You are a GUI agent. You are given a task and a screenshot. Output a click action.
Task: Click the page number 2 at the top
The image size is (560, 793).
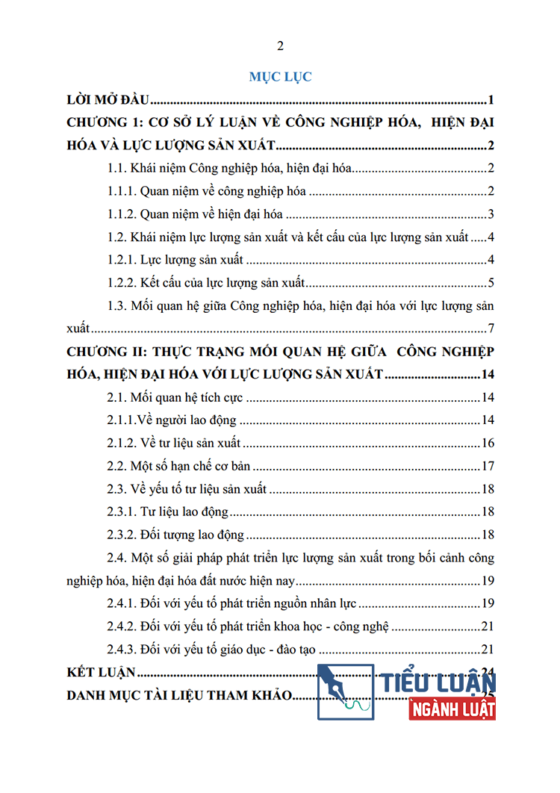[x=280, y=46]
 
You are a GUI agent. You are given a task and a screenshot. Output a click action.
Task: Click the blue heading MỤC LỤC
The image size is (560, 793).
[x=281, y=76]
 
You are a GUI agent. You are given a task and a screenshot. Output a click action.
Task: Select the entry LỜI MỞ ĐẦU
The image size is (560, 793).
[x=109, y=100]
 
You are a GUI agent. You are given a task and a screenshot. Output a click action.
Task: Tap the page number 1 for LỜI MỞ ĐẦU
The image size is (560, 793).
[x=491, y=100]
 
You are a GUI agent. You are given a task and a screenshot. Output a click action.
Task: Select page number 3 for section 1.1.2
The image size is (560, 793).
[x=491, y=215]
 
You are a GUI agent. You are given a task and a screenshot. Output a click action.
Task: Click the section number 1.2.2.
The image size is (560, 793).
[x=122, y=283]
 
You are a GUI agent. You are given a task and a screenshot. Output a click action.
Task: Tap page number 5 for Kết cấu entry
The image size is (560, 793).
[x=491, y=283]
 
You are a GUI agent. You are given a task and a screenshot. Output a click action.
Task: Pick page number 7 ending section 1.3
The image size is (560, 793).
[x=491, y=329]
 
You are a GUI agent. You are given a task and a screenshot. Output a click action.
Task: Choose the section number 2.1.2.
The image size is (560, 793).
[x=122, y=444]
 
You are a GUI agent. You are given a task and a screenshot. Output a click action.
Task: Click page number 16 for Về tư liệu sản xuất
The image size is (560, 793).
[x=488, y=444]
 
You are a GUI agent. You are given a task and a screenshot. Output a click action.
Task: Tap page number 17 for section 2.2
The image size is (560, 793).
[x=488, y=467]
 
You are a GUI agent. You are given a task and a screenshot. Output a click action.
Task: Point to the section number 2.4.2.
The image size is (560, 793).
[x=122, y=626]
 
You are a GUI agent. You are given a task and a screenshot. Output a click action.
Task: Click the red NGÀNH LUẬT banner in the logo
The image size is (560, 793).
[x=452, y=708]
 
